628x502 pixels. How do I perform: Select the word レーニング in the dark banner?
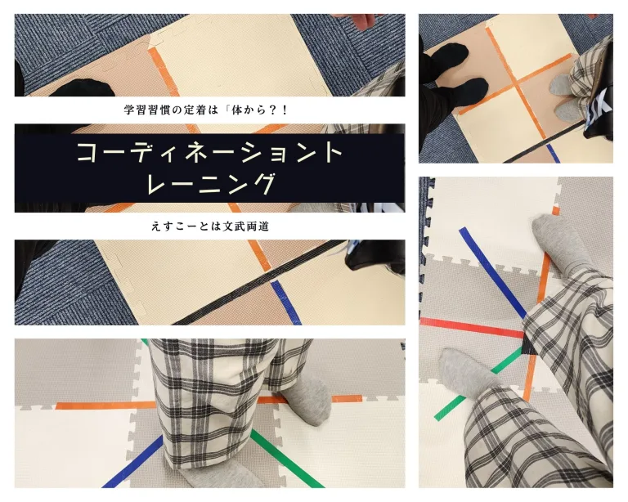click(x=213, y=184)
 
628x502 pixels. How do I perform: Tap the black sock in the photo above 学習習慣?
click(x=78, y=89)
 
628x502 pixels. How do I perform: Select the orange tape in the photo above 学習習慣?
click(x=164, y=71)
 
